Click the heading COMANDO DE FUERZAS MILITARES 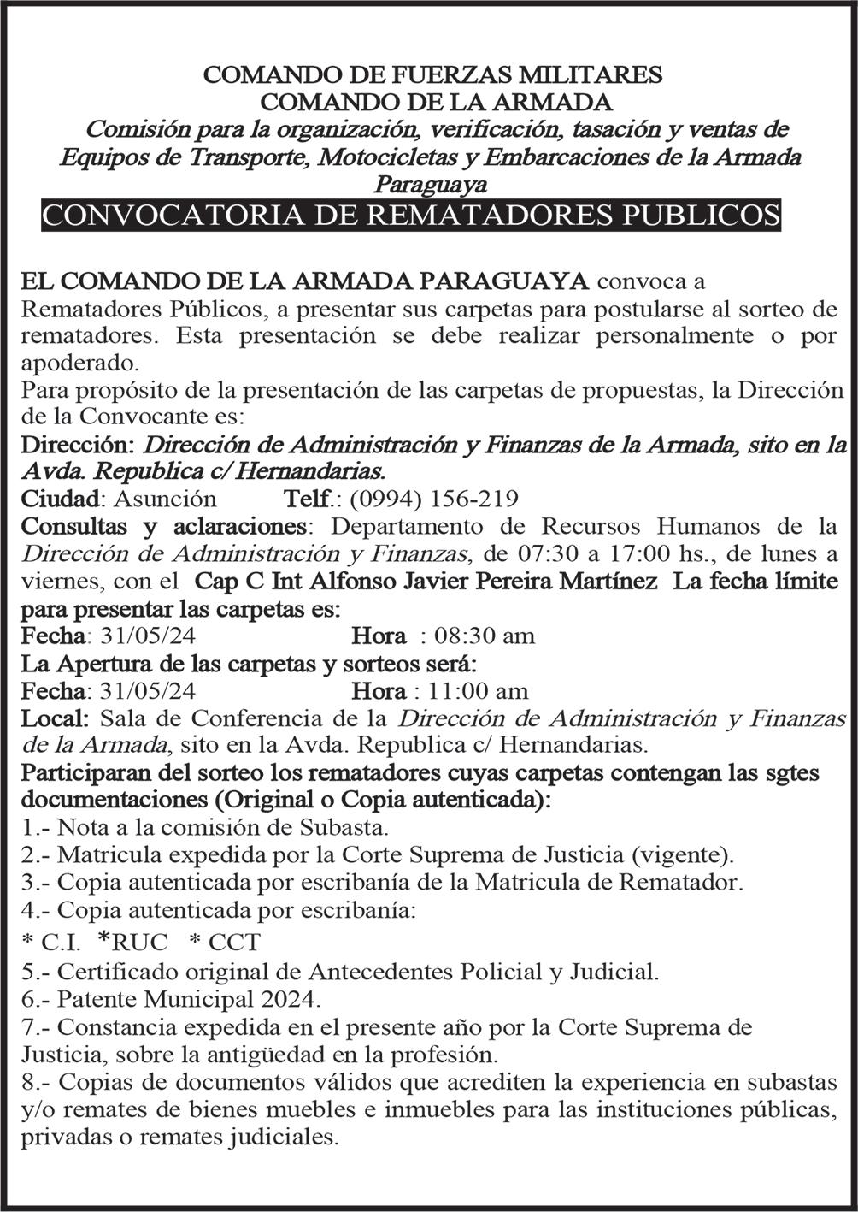click(432, 74)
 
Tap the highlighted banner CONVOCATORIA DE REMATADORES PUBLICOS click(411, 215)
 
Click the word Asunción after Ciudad click(165, 499)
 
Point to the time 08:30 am click(485, 636)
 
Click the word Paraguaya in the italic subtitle click(432, 184)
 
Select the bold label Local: click(56, 718)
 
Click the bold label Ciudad click(60, 499)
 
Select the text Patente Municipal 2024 click(189, 998)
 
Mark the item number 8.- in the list click(35, 1082)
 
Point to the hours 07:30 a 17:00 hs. click(625, 553)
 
